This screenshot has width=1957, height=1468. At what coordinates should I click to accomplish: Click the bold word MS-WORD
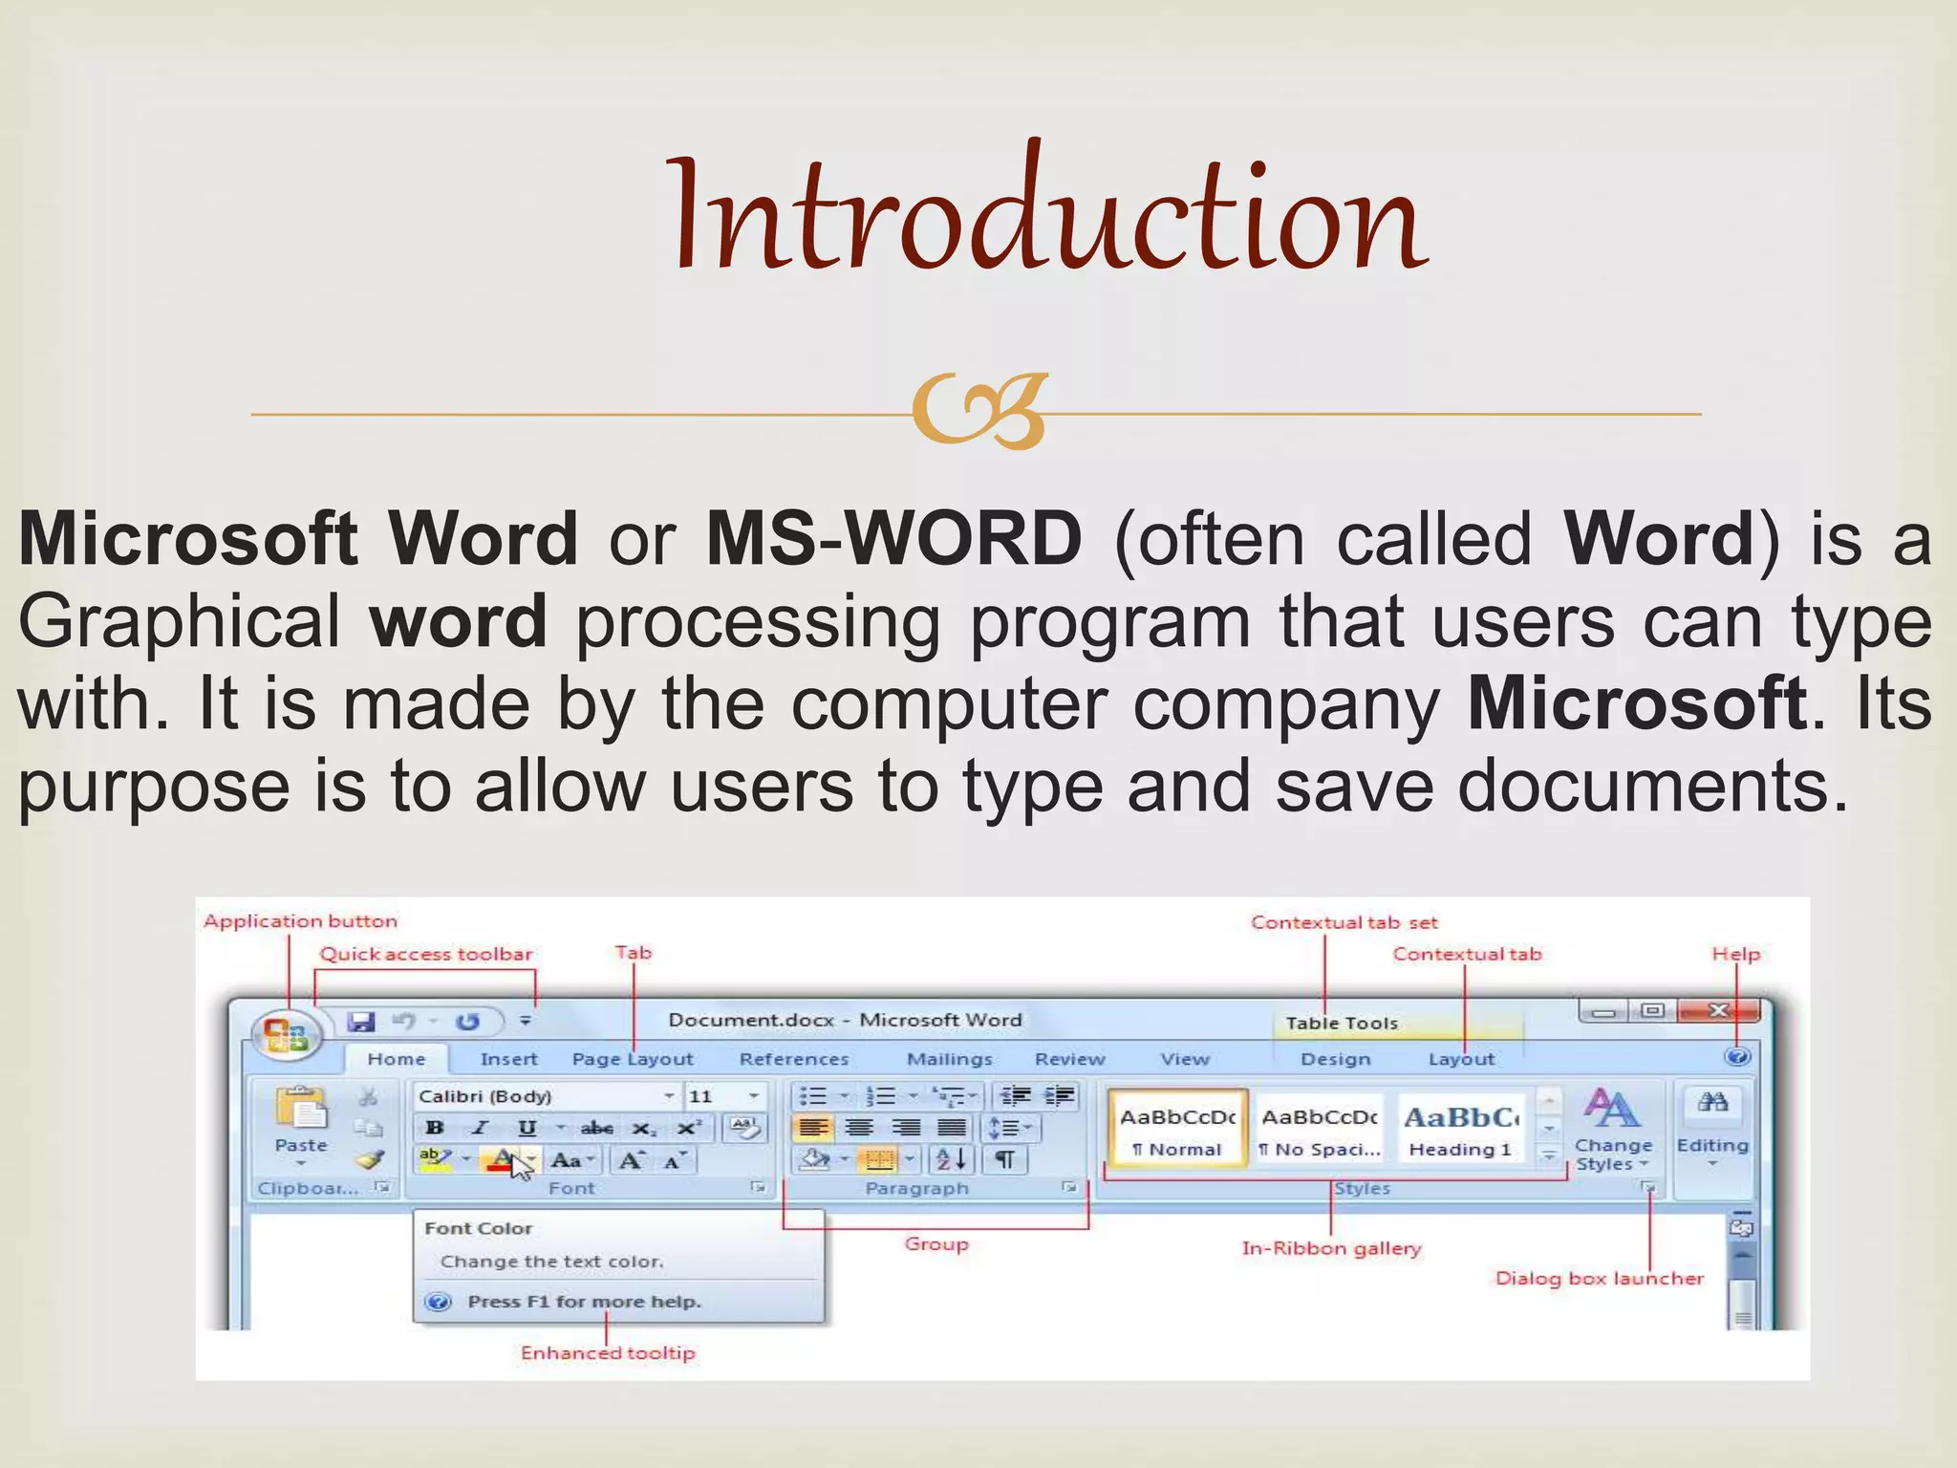pyautogui.click(x=893, y=539)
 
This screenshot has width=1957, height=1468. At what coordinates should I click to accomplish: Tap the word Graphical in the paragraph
pyautogui.click(x=180, y=622)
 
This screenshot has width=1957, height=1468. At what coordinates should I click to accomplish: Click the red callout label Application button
pyautogui.click(x=300, y=921)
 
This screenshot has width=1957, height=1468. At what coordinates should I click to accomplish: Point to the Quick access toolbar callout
pyautogui.click(x=425, y=954)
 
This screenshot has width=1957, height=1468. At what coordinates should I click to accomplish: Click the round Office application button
pyautogui.click(x=285, y=1035)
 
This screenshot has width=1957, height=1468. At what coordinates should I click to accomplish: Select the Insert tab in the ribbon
pyautogui.click(x=508, y=1059)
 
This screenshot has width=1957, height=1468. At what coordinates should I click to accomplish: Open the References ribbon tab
pyautogui.click(x=793, y=1059)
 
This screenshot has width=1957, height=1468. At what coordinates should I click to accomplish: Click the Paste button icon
pyautogui.click(x=301, y=1113)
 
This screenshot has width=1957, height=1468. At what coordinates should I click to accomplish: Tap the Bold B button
pyautogui.click(x=435, y=1128)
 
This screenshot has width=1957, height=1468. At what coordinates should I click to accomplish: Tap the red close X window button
pyautogui.click(x=1717, y=1011)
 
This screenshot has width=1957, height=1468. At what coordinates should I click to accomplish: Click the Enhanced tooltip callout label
pyautogui.click(x=608, y=1353)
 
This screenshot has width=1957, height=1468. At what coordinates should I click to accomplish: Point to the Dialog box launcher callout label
pyautogui.click(x=1599, y=1279)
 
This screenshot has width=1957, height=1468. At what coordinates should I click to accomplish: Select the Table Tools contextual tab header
pyautogui.click(x=1342, y=1024)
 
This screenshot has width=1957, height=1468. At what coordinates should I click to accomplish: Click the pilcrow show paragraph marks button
pyautogui.click(x=1004, y=1160)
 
